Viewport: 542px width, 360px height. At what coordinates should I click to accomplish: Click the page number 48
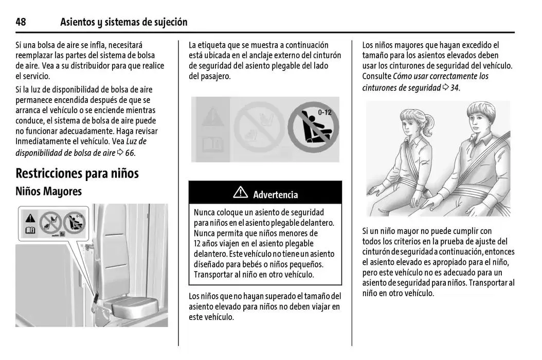[21, 22]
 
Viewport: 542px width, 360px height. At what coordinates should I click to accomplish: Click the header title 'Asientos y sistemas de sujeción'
[123, 22]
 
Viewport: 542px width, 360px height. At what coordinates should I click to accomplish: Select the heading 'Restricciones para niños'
[77, 173]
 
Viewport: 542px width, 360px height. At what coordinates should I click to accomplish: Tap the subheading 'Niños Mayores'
[48, 191]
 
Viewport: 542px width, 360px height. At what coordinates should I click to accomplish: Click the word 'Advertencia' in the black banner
[275, 195]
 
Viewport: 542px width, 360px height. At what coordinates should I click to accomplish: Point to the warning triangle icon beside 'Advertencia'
[240, 194]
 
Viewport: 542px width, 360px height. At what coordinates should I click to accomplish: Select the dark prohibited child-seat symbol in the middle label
[313, 129]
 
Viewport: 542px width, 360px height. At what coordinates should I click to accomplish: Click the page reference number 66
[130, 153]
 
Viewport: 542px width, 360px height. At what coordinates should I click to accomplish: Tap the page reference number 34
[455, 87]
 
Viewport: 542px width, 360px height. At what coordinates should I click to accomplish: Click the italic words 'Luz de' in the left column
[136, 141]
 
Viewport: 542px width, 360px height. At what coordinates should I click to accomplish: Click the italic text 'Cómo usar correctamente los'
[441, 76]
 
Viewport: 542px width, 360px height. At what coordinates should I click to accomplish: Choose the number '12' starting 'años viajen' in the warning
[198, 243]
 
